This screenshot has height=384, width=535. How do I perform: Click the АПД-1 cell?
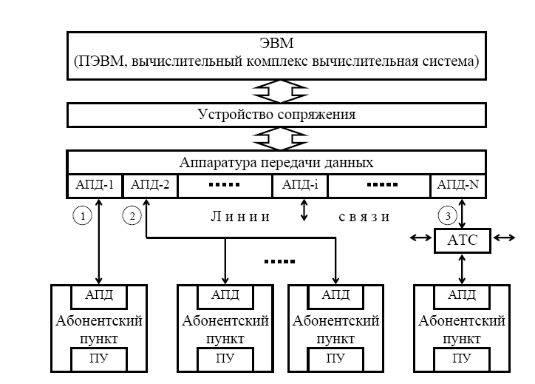tap(94, 185)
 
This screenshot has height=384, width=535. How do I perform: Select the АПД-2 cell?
tap(150, 185)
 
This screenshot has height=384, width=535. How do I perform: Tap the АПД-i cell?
tap(300, 185)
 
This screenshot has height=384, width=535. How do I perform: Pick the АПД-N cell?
tap(458, 185)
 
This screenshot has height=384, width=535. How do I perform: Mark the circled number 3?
tap(448, 216)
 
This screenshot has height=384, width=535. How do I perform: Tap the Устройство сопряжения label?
tap(276, 115)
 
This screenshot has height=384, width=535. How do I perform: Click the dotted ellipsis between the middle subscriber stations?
tap(279, 262)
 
